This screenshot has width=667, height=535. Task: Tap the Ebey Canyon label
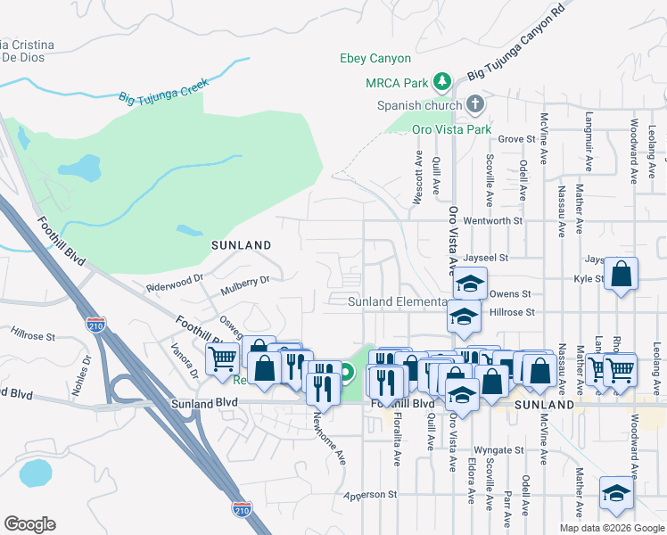point(375,59)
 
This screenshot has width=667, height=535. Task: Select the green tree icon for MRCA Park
point(441,82)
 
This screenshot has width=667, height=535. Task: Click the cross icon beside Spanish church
point(475,105)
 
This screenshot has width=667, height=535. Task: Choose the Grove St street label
point(516,139)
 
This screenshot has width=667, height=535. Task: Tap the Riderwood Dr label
point(174,287)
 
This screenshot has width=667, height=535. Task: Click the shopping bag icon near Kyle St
point(622,275)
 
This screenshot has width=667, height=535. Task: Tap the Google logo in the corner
point(29,524)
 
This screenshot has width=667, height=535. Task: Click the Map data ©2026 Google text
point(611,528)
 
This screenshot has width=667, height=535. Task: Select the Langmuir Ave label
point(589,141)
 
